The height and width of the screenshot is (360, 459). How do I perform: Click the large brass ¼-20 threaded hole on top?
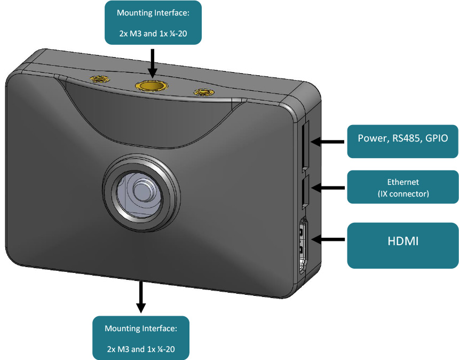coord(152,85)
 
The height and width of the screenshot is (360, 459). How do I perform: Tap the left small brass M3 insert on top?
coord(98,80)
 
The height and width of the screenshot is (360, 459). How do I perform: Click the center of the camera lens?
coord(140,191)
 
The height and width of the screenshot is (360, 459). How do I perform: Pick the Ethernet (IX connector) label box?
coord(402,187)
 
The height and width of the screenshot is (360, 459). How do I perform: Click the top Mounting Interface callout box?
coord(153,22)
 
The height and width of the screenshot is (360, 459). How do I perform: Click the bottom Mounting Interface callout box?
coord(140,338)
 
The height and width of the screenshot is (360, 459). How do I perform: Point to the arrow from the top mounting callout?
coord(153,62)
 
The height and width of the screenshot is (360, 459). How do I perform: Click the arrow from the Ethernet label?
coord(328,187)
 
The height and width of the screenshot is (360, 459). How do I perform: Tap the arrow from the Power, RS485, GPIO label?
coord(328,142)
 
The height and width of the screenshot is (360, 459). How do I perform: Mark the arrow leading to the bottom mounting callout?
coord(141,296)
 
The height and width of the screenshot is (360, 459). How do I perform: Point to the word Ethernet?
coord(403,182)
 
